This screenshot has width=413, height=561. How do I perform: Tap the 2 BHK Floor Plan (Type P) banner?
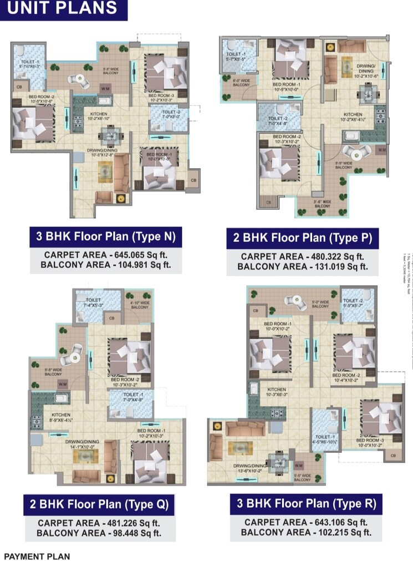[302, 239]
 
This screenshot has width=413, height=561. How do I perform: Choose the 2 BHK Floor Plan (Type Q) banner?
[99, 505]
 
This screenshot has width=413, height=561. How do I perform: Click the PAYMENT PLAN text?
[37, 555]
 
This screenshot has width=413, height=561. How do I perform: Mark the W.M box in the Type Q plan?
[63, 383]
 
